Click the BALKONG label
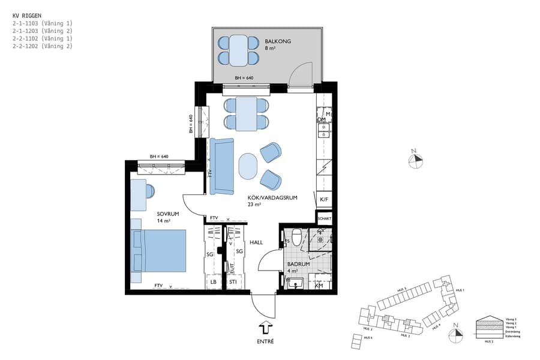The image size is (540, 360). coord(278,41)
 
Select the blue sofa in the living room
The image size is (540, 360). coord(221,166)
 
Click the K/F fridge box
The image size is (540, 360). coord(324,200)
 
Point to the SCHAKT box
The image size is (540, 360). coord(324,218)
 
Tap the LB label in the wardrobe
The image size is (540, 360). coord(213,282)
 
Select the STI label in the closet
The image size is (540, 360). coord(233,282)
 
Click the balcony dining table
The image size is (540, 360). coord(238,50)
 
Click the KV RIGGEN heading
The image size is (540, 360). coord(27,14)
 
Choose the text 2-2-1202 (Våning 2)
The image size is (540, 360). coord(42,46)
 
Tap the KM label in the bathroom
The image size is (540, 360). coord(319,286)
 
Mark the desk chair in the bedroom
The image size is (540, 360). coord(149,191)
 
